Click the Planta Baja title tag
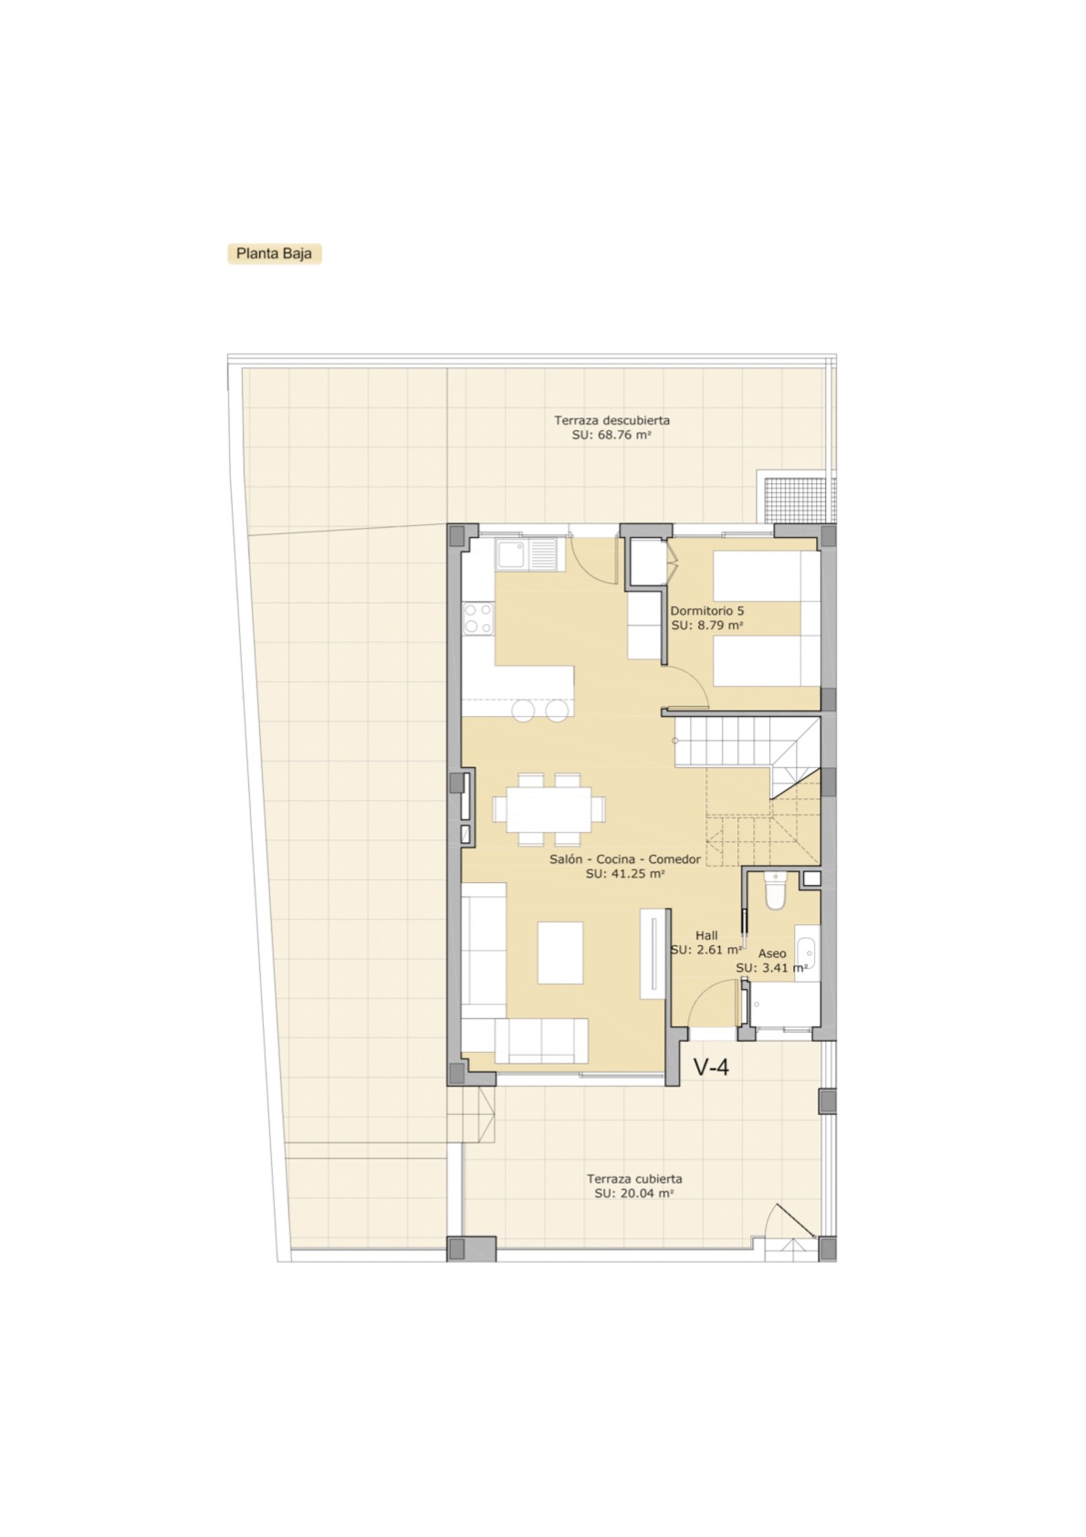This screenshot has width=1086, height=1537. [275, 254]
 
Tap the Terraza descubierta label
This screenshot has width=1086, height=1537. [611, 420]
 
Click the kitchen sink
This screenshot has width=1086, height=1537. [527, 553]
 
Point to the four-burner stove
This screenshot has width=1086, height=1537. [478, 617]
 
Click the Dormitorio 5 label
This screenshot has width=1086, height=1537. [707, 610]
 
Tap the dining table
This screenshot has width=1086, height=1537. [548, 809]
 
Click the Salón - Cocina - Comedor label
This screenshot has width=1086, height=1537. [624, 859]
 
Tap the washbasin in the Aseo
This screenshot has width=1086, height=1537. [806, 953]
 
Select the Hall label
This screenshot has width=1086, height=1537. [706, 935]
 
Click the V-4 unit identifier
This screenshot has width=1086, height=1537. [711, 1067]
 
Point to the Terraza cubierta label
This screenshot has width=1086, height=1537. [634, 1179]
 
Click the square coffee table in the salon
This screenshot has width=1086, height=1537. [560, 953]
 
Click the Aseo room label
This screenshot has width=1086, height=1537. [772, 953]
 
